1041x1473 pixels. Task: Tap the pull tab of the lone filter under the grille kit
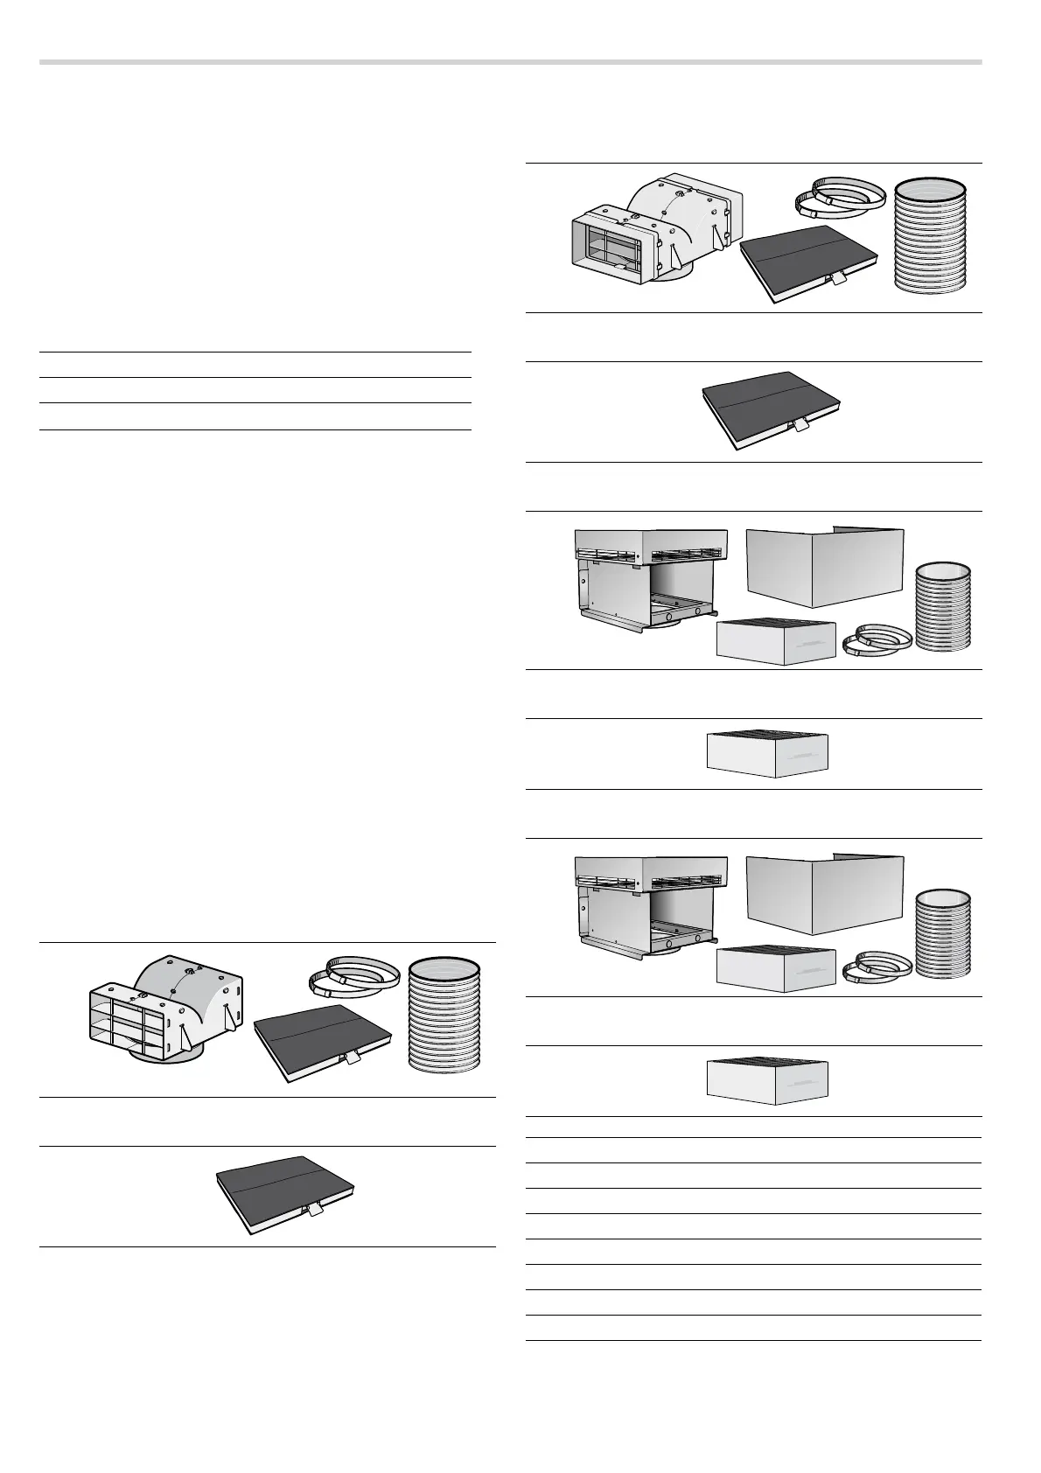click(311, 1210)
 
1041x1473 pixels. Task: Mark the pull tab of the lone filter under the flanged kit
click(798, 424)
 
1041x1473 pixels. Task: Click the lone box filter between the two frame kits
click(766, 752)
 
